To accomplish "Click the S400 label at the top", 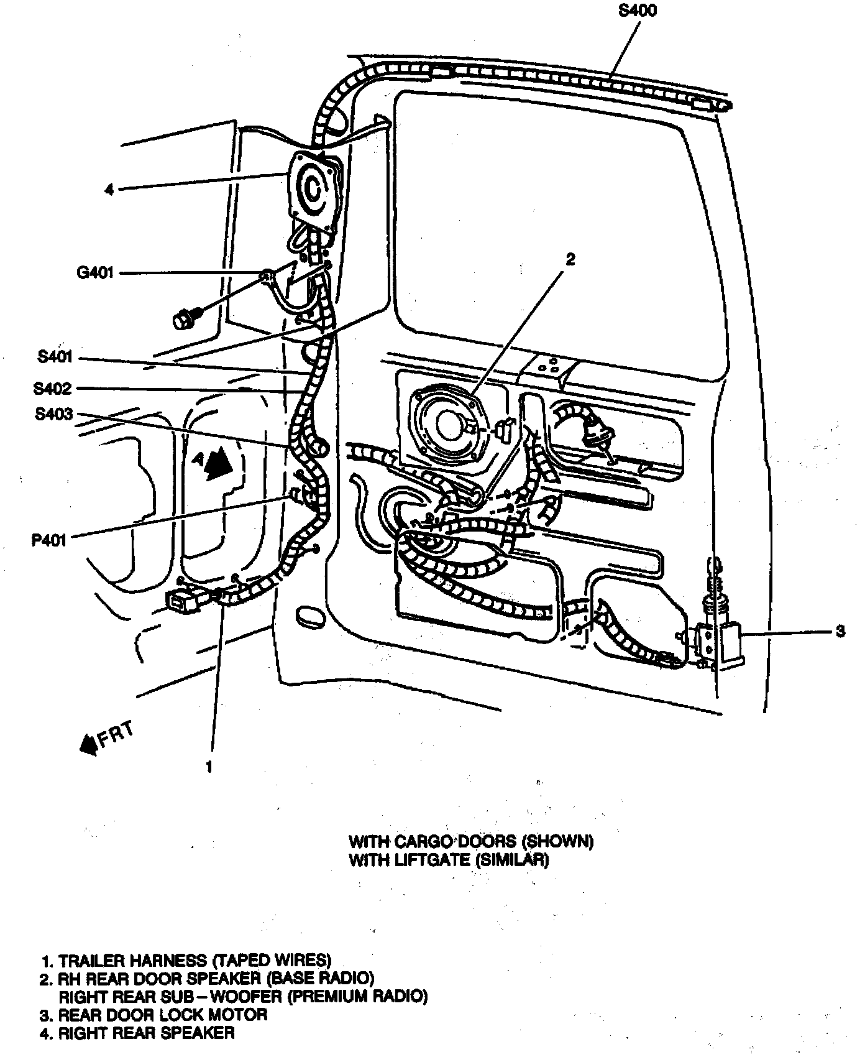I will coord(638,11).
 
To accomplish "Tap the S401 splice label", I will coord(55,357).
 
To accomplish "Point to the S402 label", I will coord(53,389).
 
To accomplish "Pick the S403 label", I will coord(54,414).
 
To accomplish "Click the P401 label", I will coord(49,539).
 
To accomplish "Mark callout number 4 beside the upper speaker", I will coord(109,189).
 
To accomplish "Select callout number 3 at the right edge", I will coord(840,632).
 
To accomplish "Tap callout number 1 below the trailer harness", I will coord(209,767).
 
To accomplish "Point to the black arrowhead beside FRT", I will coord(89,744).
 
